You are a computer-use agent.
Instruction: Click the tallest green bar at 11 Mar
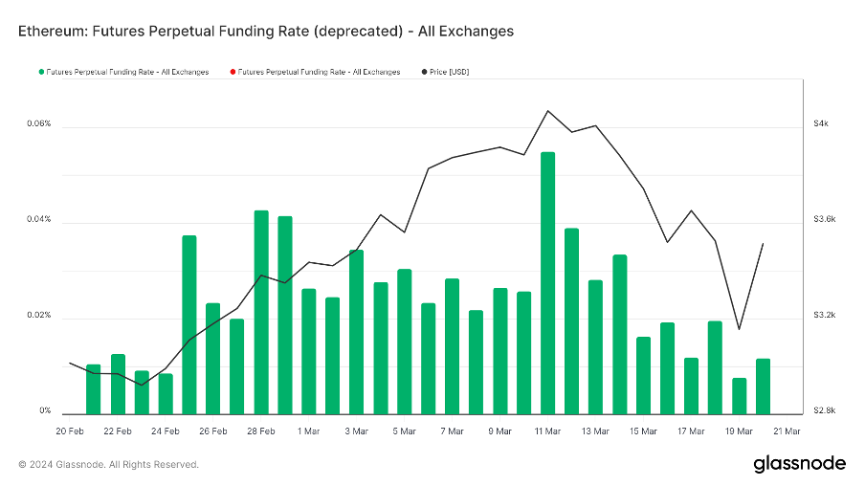547,282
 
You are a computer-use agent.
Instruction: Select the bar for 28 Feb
260,312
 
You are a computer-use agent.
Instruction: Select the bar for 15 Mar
643,375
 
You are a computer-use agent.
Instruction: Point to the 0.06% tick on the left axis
38,124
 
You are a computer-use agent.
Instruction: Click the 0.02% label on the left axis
38,316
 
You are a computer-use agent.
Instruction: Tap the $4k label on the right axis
821,124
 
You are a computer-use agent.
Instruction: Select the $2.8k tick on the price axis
824,411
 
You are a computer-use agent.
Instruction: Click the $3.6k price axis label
824,220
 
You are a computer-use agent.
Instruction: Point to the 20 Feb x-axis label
70,431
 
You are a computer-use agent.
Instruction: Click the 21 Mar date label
787,431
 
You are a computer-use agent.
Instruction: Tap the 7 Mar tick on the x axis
452,431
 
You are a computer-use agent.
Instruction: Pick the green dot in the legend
40,72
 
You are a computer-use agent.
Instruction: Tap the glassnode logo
799,464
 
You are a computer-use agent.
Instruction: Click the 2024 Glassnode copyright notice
108,464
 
